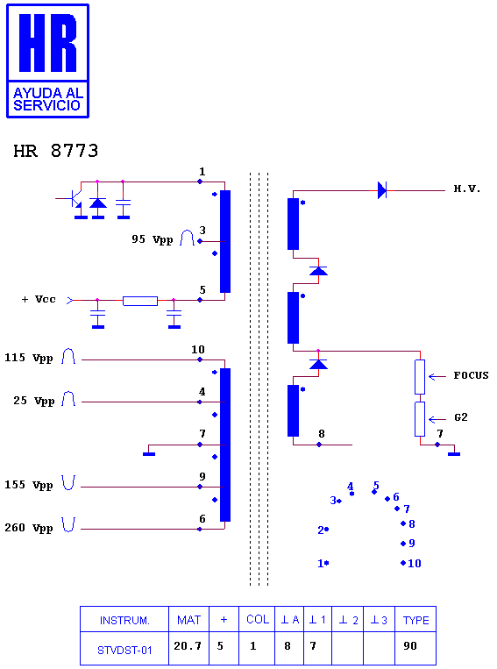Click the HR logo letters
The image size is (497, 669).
point(48,43)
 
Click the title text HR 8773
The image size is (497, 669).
point(56,151)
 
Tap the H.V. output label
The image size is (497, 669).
point(466,189)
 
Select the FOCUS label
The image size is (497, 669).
point(471,375)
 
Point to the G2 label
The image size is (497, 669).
point(461,417)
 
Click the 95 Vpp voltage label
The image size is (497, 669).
point(153,239)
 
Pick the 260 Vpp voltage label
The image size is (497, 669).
point(29,528)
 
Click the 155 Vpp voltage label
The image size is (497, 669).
point(29,485)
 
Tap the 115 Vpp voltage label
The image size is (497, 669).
point(29,358)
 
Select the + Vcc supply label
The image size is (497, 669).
point(39,299)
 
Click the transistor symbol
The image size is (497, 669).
point(75,198)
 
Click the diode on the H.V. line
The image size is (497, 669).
point(382,190)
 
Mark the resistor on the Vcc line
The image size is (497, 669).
point(140,301)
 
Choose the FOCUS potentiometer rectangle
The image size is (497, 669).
point(420,377)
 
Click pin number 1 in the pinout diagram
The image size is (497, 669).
point(321,563)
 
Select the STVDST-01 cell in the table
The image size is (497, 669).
point(124,651)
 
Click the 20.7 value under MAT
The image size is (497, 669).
point(188,646)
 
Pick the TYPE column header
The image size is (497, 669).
point(416,620)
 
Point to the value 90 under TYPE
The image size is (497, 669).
point(410,646)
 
